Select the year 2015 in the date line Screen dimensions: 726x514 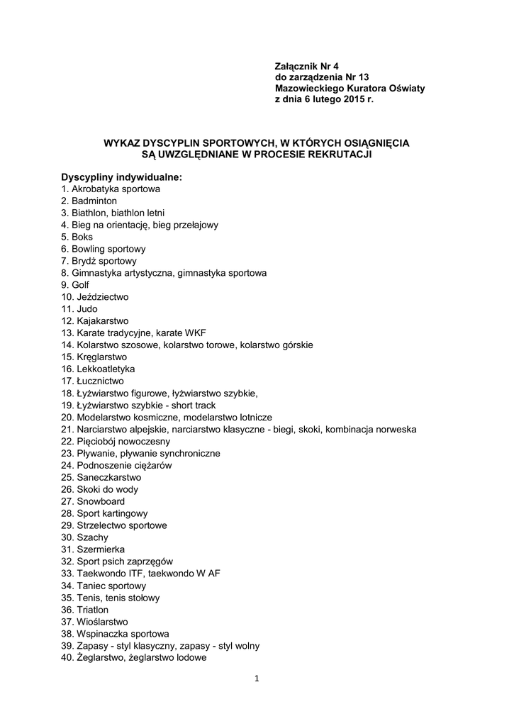(354, 100)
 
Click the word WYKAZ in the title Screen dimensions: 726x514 (122, 143)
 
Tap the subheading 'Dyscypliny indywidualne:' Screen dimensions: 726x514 (121, 177)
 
